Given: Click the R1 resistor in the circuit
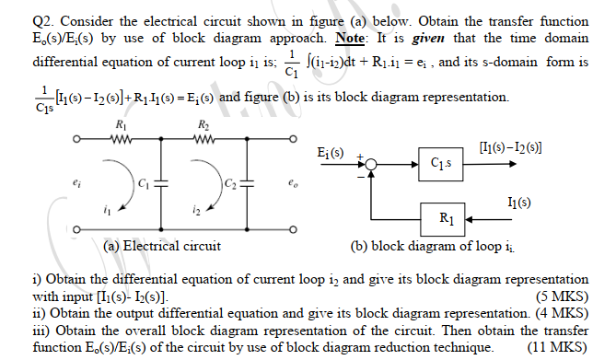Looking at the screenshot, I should tap(122, 142).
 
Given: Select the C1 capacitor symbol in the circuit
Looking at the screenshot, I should tap(162, 182).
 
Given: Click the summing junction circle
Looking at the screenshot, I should tap(370, 164).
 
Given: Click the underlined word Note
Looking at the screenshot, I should tap(355, 38).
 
